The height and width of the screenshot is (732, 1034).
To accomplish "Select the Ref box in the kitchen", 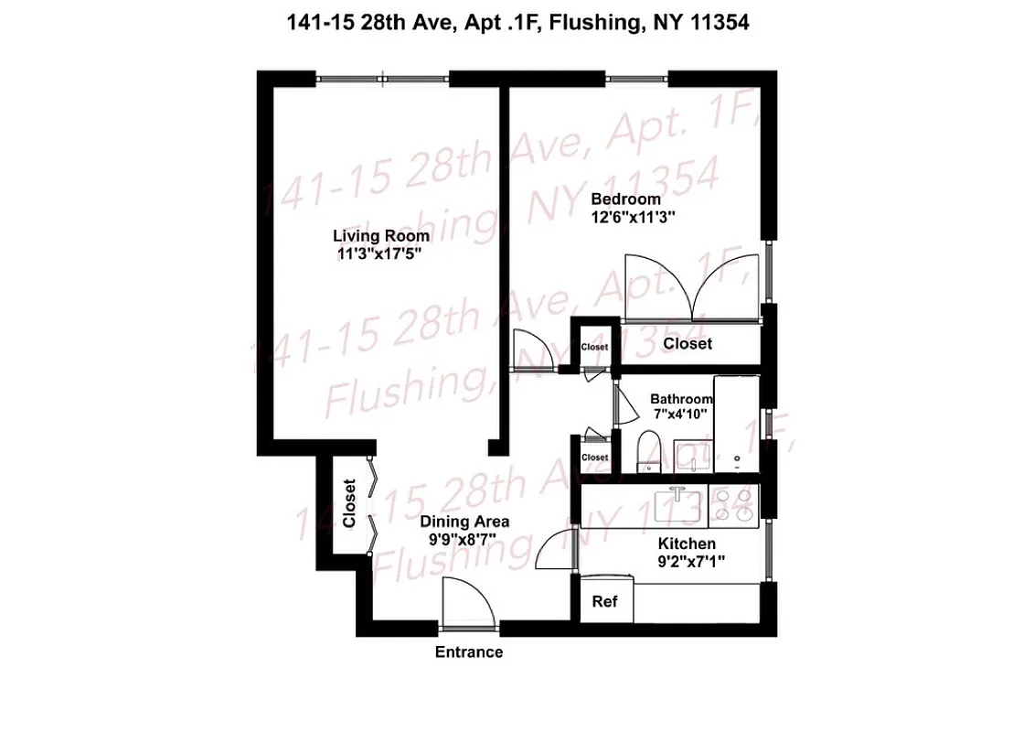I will click(x=604, y=601).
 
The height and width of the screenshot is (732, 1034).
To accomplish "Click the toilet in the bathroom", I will click(x=647, y=453).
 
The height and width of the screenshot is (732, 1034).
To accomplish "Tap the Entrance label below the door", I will click(x=468, y=652).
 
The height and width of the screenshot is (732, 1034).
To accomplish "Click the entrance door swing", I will click(x=464, y=602).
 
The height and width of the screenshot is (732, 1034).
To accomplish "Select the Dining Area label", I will click(x=464, y=522).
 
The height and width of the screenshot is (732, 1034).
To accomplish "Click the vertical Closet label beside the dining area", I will click(x=348, y=504).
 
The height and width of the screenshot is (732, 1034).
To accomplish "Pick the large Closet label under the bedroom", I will click(x=688, y=344).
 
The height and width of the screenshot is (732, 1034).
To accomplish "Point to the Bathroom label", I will click(x=681, y=399).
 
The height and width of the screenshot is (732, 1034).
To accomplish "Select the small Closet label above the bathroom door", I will click(x=594, y=348).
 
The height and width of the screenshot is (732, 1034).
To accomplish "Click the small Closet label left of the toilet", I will click(x=594, y=457).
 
